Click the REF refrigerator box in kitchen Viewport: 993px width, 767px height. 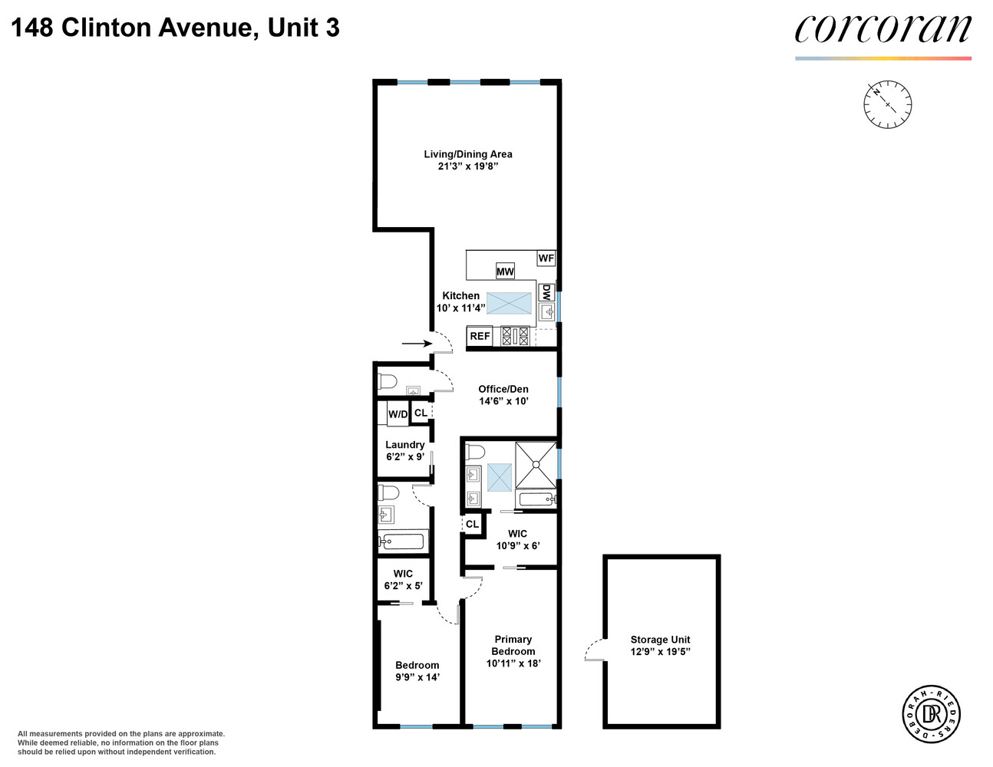(480, 336)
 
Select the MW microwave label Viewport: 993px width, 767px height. (505, 272)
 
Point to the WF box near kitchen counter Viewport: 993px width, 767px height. (546, 258)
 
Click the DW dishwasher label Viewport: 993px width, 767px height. (546, 292)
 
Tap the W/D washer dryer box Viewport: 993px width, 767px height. (398, 414)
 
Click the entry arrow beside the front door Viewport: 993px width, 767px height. (416, 344)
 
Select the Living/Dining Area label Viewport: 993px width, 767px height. (468, 154)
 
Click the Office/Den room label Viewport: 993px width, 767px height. (503, 389)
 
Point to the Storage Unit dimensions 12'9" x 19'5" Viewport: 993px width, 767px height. (660, 652)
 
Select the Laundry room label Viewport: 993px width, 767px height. (404, 445)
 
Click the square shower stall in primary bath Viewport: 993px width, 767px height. (535, 465)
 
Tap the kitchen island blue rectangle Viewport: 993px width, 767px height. (509, 303)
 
